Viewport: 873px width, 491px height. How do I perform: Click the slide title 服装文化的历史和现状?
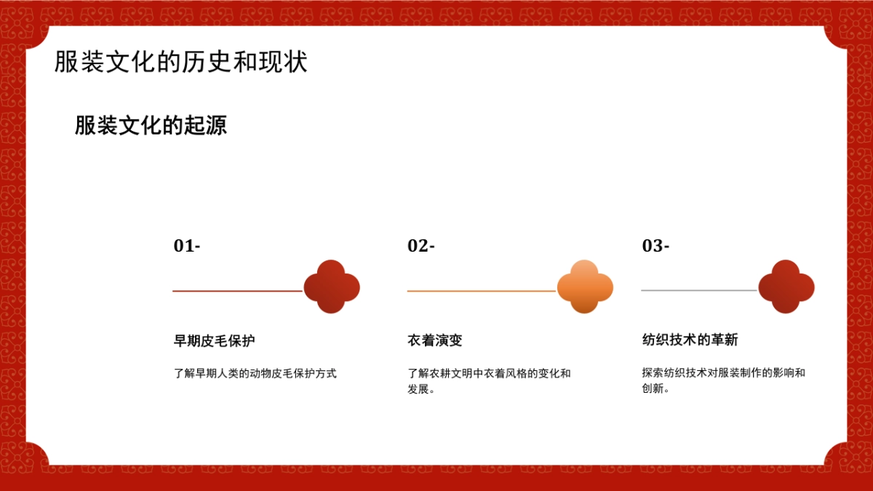[x=181, y=63]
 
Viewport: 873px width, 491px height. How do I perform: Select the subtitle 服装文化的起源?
[x=151, y=126]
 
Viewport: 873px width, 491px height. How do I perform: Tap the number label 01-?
[x=186, y=246]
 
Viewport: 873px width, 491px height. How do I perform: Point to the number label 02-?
[x=420, y=246]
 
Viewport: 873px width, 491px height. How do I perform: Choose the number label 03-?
[x=655, y=246]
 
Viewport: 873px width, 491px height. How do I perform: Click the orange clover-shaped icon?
[x=584, y=287]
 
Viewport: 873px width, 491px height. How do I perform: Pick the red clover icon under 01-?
[x=332, y=287]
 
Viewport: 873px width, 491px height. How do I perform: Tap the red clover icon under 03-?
[x=786, y=287]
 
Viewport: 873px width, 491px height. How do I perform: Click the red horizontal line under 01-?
[x=237, y=291]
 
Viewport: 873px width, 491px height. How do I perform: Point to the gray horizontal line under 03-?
[x=699, y=290]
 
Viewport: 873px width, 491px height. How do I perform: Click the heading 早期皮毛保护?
[x=214, y=340]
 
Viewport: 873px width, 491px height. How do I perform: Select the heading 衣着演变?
[x=435, y=340]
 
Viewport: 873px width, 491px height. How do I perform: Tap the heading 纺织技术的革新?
[x=690, y=340]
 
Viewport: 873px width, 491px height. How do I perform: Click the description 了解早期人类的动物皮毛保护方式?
[x=255, y=374]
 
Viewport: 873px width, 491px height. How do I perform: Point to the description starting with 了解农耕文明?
[x=489, y=381]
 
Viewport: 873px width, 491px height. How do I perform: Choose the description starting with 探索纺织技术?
[x=723, y=380]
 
